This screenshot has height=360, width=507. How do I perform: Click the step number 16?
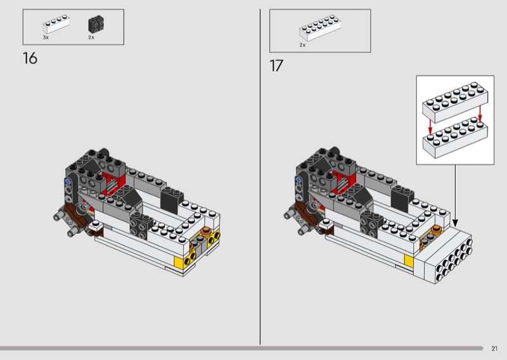[x=30, y=58]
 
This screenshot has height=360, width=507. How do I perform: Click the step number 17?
[x=276, y=66]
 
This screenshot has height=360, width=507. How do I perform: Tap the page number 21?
[x=494, y=349]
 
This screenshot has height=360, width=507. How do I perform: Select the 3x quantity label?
[x=46, y=37]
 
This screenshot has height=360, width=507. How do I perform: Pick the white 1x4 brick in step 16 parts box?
[x=56, y=24]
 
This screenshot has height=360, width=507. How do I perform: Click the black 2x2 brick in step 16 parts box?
[x=96, y=24]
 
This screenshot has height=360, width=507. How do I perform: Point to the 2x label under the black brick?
[x=91, y=37]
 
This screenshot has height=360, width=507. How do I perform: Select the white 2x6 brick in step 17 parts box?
[x=320, y=28]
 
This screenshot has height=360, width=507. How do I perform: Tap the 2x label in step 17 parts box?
[x=302, y=45]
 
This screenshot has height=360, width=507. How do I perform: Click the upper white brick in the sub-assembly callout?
[x=455, y=102]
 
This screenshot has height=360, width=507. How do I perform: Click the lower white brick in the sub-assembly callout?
[x=455, y=138]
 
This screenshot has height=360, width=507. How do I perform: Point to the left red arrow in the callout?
[x=430, y=127]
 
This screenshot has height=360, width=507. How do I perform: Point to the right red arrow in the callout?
[x=480, y=114]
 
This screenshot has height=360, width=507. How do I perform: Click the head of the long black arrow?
[x=455, y=223]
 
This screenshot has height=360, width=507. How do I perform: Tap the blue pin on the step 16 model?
[x=68, y=182]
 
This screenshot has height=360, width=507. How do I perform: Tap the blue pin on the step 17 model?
[x=298, y=180]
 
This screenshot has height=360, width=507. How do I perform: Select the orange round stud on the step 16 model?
[x=206, y=231]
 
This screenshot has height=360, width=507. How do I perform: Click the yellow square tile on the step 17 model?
[x=409, y=260]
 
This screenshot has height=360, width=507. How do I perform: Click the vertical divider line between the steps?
[x=260, y=177]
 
